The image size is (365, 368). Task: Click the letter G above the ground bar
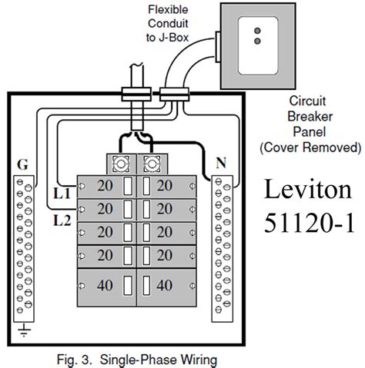point(22,165)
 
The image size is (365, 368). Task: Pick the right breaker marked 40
point(163,285)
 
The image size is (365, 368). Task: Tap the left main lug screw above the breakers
point(119,164)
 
